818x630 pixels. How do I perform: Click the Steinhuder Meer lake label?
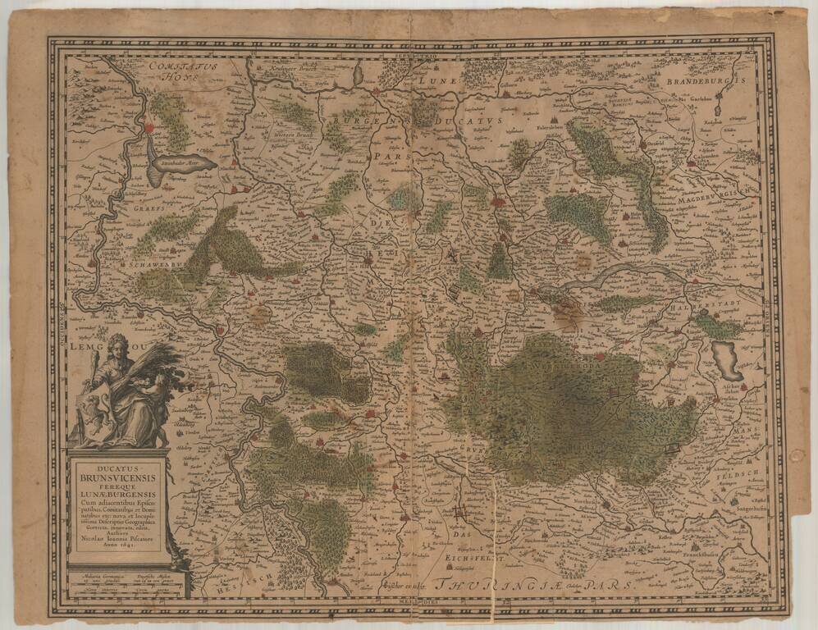[x=182, y=162]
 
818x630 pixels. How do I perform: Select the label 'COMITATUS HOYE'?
[x=178, y=69]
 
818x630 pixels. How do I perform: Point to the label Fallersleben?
[x=555, y=128]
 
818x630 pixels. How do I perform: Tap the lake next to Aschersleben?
[x=726, y=358]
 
